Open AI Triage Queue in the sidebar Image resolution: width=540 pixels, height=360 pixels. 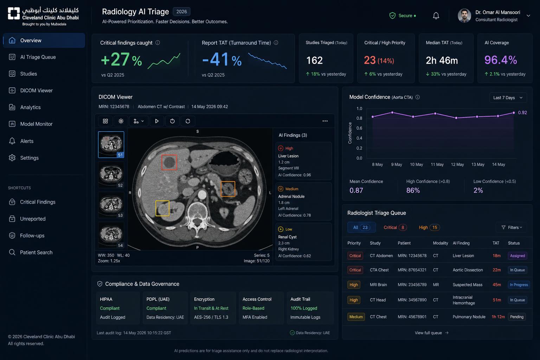click(38, 57)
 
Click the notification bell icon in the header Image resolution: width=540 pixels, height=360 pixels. click(436, 16)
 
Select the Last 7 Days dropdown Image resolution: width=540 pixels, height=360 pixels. click(508, 98)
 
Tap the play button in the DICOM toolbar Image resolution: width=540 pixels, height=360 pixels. click(157, 121)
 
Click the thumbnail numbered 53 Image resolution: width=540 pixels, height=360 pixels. click(111, 205)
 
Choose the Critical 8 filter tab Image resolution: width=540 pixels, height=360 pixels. click(395, 227)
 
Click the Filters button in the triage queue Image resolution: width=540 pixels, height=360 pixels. click(512, 227)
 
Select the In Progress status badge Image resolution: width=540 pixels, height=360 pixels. click(519, 285)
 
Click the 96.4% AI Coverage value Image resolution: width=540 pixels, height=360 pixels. click(501, 60)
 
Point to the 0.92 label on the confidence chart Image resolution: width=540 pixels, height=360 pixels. click(522, 112)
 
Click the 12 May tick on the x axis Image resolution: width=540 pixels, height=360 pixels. click(457, 165)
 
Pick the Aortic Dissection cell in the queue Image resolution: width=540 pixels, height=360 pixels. click(468, 270)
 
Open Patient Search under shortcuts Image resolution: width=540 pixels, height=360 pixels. click(31, 252)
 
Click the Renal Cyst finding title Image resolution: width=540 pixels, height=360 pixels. click(287, 237)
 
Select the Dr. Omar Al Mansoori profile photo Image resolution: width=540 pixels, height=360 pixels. click(464, 16)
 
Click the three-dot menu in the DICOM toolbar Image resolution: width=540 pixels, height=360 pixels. click(325, 121)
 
